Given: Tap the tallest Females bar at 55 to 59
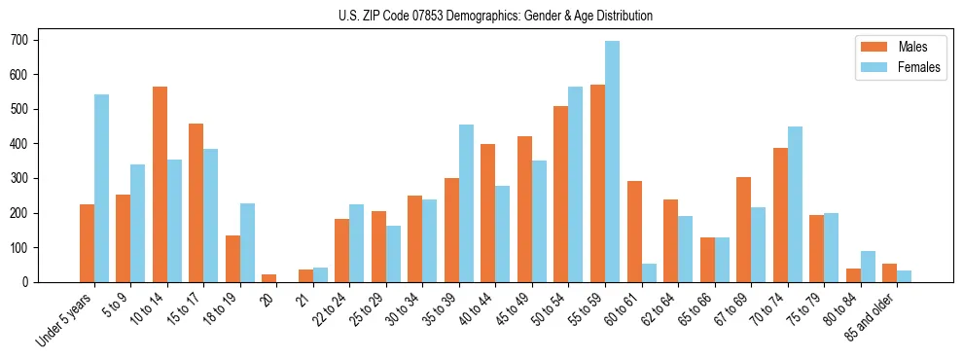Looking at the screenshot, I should (612, 162).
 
